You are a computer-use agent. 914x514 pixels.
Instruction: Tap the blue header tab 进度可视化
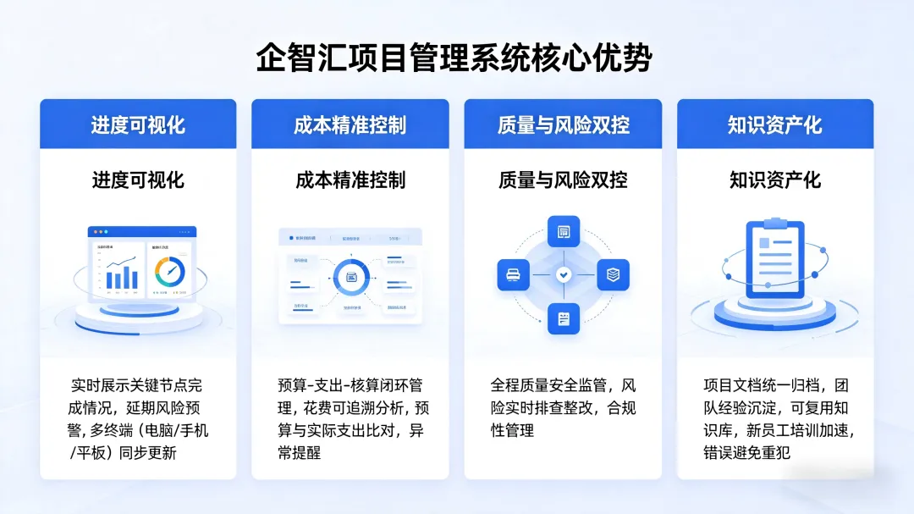[138, 125]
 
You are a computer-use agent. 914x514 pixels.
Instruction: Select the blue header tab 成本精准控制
[350, 125]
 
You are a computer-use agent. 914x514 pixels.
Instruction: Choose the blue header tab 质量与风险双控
[563, 125]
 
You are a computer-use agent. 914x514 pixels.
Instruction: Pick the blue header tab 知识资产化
[774, 125]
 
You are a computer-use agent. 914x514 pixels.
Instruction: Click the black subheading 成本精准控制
[350, 180]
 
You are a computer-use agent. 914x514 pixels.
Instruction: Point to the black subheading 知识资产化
[774, 180]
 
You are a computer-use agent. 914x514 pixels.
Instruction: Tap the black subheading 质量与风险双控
[563, 180]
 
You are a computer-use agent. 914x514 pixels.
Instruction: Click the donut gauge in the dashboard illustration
[169, 271]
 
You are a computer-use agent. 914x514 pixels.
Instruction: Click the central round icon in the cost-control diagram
[350, 276]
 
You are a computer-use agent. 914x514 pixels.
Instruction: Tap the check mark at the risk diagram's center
[564, 275]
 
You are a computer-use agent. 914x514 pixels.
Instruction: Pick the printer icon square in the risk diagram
[513, 275]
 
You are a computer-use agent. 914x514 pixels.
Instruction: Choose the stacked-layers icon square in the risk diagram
[614, 275]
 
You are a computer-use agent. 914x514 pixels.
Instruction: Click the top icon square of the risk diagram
[564, 231]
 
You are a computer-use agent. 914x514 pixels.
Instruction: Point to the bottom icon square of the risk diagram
[564, 318]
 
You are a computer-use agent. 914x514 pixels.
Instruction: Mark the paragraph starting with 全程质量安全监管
[563, 407]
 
